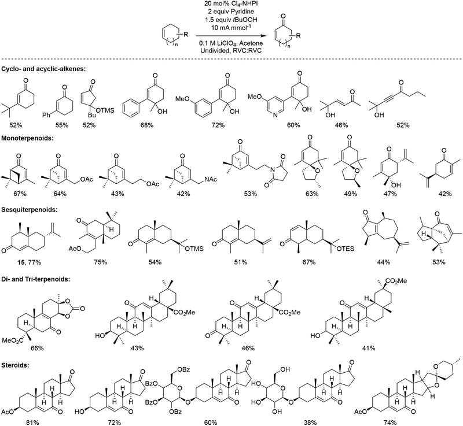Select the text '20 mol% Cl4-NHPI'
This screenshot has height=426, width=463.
(x=230, y=5)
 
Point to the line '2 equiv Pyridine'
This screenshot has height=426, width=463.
(x=230, y=13)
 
